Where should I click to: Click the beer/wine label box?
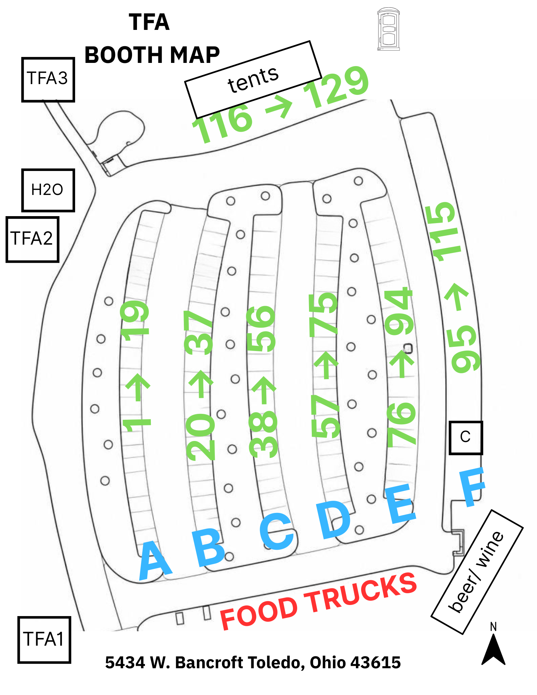click(477, 572)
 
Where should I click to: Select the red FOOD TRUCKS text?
click(318, 601)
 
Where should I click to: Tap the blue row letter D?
click(334, 520)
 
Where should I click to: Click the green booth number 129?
click(336, 87)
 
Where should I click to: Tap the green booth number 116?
click(222, 123)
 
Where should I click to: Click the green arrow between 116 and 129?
click(279, 106)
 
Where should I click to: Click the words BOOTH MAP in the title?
click(152, 55)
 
